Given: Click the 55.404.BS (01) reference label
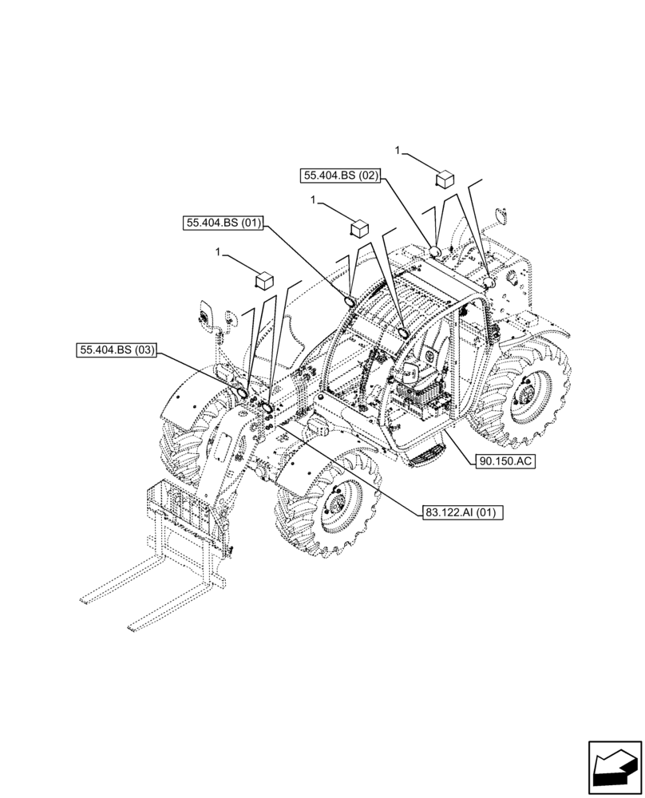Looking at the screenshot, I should click(224, 225).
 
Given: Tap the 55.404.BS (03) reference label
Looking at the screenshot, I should click(117, 349).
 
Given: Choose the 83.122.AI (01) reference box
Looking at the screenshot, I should click(459, 512).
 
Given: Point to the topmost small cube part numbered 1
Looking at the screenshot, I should click(445, 178).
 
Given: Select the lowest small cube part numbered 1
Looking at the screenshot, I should click(263, 280).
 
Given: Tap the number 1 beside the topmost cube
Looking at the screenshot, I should click(398, 149).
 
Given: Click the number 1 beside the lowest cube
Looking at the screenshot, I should click(219, 253).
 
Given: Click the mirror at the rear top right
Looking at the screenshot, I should click(501, 215).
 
